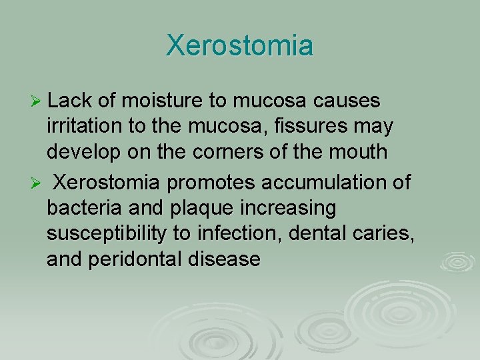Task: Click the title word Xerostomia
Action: click(239, 46)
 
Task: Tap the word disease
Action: click(227, 259)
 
